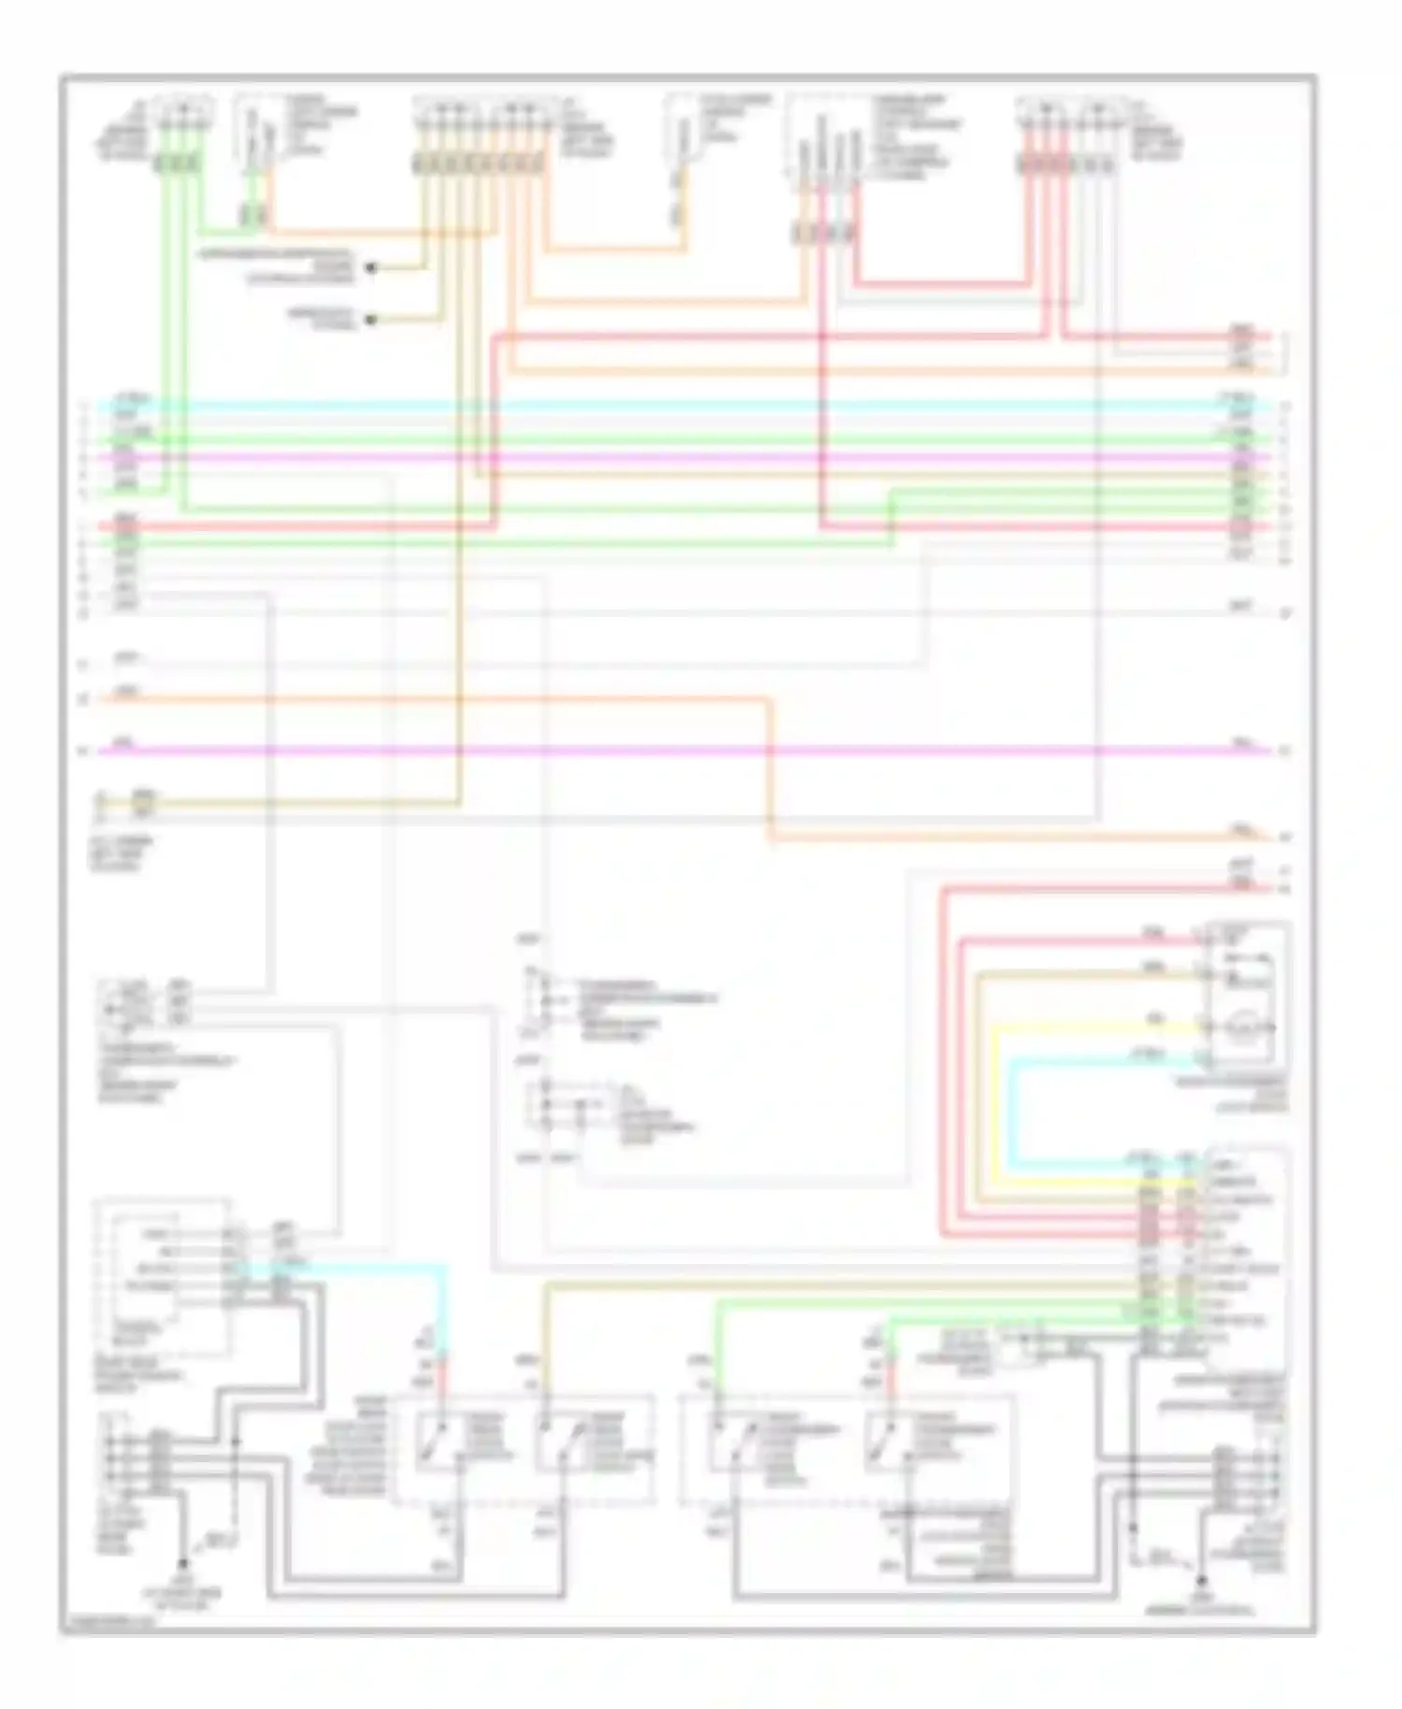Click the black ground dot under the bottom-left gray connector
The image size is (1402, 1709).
(183, 1561)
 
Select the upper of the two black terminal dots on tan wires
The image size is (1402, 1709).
(371, 268)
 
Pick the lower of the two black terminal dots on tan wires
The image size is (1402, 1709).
(371, 320)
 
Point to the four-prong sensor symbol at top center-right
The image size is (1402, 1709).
(828, 150)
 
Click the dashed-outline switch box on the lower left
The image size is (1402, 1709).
(165, 1276)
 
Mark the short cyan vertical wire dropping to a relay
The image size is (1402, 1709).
(445, 1309)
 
